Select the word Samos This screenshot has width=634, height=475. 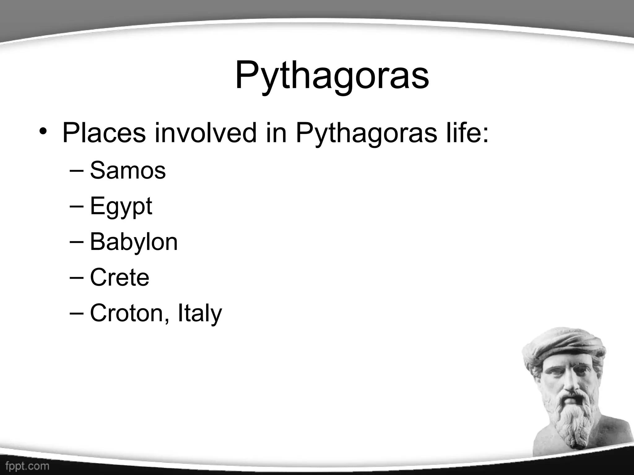tap(128, 170)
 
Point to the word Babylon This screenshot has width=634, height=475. tap(134, 242)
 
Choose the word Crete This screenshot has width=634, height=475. tap(119, 277)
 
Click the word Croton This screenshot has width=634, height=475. tap(126, 313)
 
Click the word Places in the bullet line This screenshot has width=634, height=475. tap(104, 133)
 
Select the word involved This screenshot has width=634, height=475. tap(206, 133)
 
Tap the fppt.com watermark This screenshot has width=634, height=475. tap(27, 466)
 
